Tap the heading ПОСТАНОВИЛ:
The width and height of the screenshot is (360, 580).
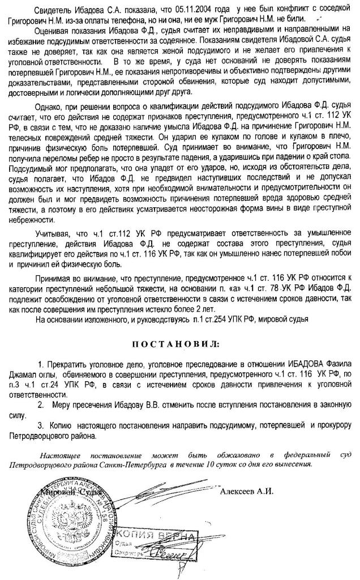(x=177, y=344)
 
